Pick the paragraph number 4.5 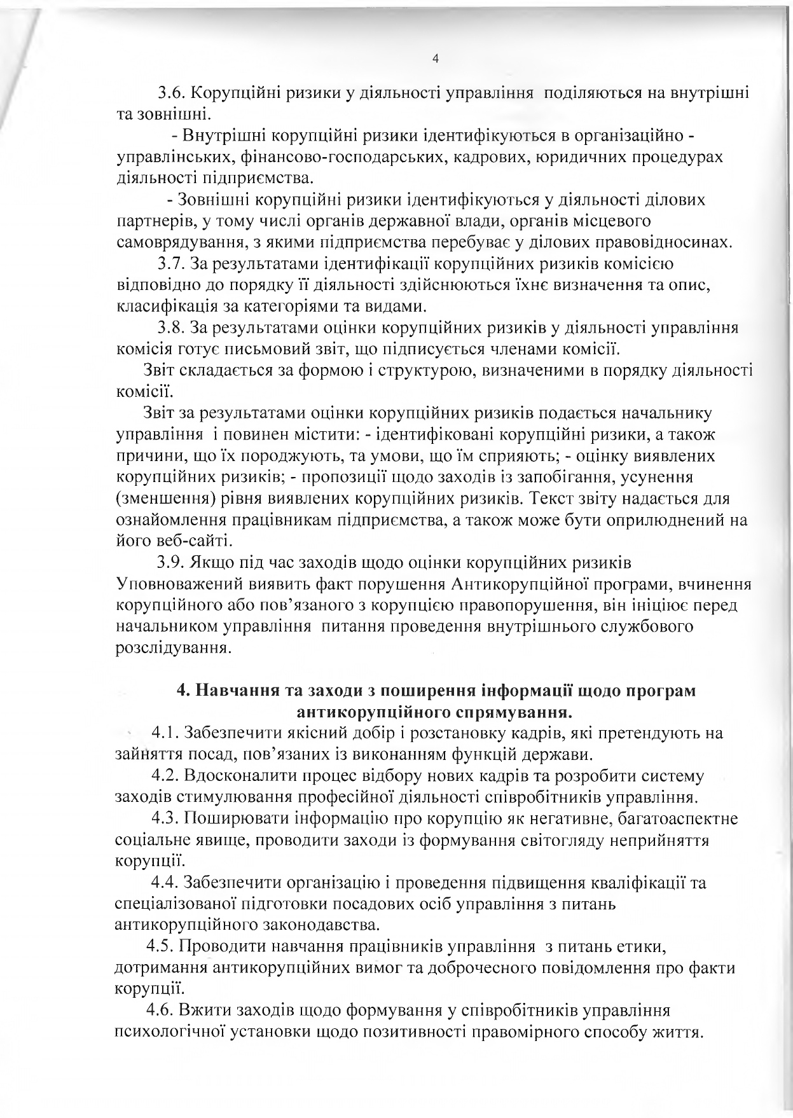(x=160, y=946)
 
